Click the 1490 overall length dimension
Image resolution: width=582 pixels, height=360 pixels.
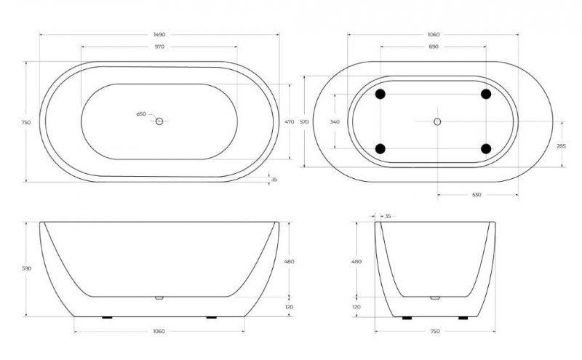159,33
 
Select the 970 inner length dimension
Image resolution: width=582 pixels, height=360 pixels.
159,47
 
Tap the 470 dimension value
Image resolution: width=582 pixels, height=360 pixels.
288,121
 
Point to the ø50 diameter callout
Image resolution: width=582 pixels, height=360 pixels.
141,114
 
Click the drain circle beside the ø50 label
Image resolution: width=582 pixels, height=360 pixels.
159,121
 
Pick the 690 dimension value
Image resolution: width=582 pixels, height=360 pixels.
434,47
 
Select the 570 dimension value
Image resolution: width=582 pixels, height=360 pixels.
305,121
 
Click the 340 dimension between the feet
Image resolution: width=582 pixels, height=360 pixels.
335,121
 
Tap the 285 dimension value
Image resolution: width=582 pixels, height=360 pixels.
561,146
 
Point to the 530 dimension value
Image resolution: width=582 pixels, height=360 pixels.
477,195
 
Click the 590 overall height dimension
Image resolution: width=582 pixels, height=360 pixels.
27,269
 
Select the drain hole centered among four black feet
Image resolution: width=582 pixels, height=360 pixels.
437,121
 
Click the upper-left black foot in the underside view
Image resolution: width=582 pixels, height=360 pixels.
380,94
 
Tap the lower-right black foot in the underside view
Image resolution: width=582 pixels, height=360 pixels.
486,149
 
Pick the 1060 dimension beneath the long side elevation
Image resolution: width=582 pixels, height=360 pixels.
159,332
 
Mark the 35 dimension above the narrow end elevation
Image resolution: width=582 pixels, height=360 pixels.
387,216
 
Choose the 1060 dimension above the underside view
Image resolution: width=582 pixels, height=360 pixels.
434,34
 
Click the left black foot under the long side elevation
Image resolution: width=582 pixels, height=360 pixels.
107,318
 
